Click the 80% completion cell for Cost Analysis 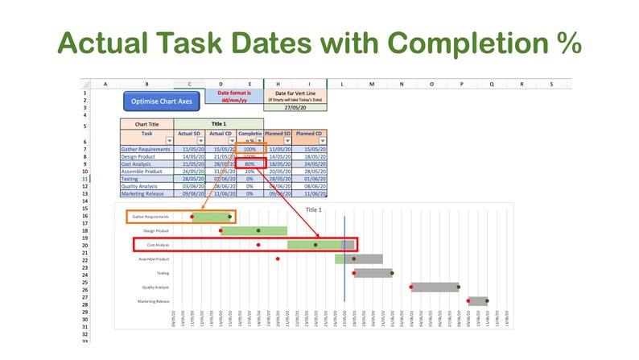249,163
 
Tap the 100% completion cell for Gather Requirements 249,149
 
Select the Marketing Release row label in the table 146,193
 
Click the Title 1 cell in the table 219,124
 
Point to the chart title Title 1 313,209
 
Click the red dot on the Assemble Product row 278,259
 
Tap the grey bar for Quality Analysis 435,287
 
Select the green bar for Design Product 254,231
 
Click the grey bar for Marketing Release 478,300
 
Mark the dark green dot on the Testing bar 392,273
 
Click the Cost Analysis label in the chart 158,244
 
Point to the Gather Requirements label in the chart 151,216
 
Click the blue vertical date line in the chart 344,266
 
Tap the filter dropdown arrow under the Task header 169,140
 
